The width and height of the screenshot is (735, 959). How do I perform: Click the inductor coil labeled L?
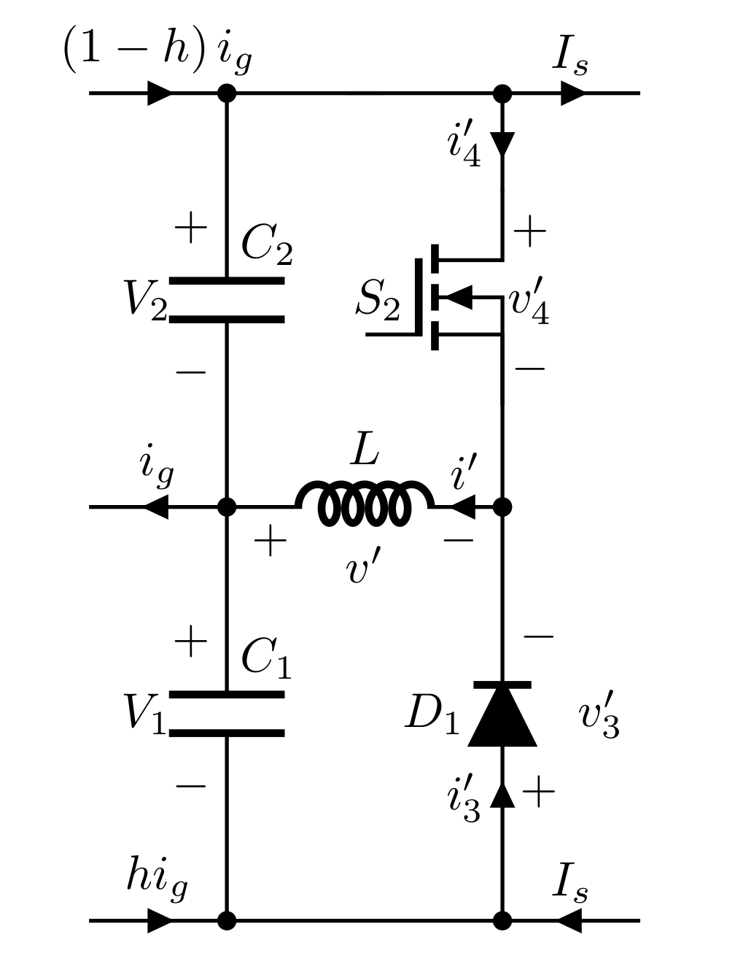[364, 504]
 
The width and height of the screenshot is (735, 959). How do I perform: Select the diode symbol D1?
[502, 715]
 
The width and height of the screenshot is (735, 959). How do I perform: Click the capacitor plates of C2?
[227, 299]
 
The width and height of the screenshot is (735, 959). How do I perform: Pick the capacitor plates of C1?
[227, 713]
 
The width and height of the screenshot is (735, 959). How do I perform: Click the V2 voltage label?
[145, 299]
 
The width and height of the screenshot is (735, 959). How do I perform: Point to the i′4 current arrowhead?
[502, 143]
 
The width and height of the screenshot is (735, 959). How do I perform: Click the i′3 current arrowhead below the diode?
[502, 795]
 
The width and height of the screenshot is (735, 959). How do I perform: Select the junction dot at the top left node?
[227, 93]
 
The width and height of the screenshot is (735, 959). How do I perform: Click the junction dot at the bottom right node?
[502, 920]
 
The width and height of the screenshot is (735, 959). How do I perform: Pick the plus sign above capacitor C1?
[191, 643]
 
